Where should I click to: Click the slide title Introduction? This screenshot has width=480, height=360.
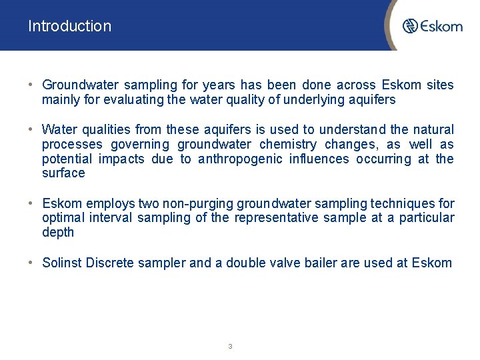(69, 26)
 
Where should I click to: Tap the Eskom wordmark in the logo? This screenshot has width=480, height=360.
(441, 26)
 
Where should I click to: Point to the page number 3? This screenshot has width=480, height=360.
(230, 346)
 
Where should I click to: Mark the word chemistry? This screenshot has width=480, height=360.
(287, 144)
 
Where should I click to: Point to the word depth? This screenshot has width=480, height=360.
(58, 233)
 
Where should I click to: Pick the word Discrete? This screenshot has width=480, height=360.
(109, 263)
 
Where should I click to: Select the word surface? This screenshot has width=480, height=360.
(63, 173)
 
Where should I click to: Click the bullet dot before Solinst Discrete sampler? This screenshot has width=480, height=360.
(31, 263)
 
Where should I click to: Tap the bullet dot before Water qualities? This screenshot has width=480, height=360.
(31, 129)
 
